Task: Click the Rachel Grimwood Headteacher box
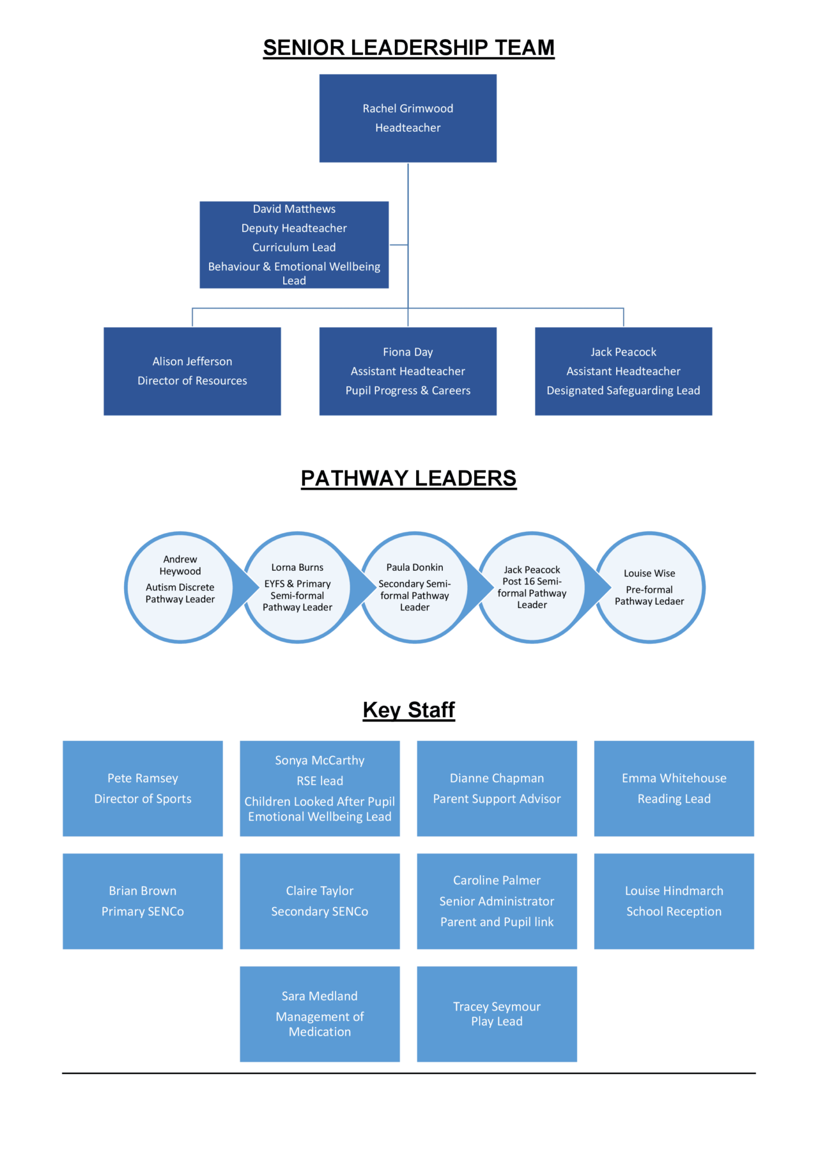coord(408,118)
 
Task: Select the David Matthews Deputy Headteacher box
coord(294,245)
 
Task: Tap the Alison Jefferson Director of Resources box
coord(192,371)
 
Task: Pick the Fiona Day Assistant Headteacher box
coord(408,371)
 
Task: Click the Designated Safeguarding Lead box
coord(623,371)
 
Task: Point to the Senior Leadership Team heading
coord(408,48)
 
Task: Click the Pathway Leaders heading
coord(408,478)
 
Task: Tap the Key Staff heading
coord(408,710)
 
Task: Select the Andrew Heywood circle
coord(180,587)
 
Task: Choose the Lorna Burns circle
coord(297,587)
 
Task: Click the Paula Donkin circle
coord(415,587)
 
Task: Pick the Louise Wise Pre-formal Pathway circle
coord(649,587)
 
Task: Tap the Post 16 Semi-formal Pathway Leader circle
coord(532,587)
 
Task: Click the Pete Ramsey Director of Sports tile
coord(143,788)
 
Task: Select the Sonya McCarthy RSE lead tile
coord(320,788)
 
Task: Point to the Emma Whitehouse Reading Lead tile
coord(674,788)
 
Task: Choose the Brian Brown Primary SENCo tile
coord(143,901)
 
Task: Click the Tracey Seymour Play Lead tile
coord(497,1014)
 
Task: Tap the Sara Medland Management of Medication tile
coord(320,1014)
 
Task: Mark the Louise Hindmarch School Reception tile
coord(674,901)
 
